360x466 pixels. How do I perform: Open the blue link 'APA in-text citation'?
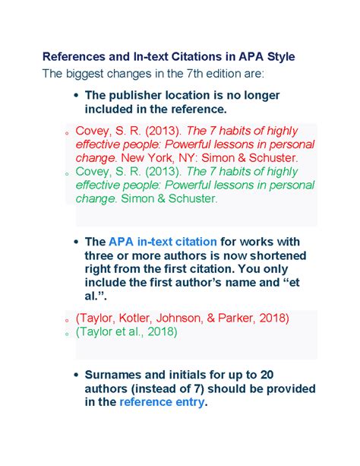click(163, 241)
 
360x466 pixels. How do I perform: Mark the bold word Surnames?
click(115, 375)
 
